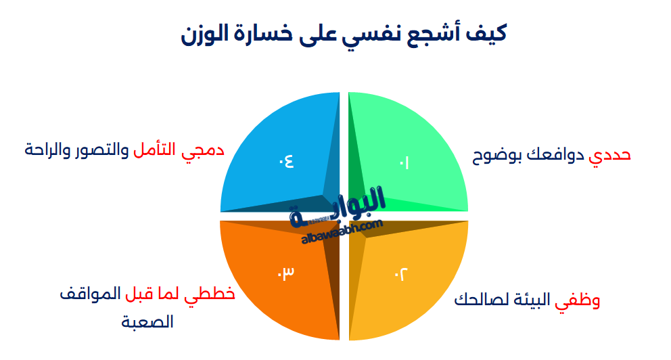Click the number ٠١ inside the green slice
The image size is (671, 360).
[404, 162]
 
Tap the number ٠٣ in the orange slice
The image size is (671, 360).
[285, 273]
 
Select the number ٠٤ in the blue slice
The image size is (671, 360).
[285, 161]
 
